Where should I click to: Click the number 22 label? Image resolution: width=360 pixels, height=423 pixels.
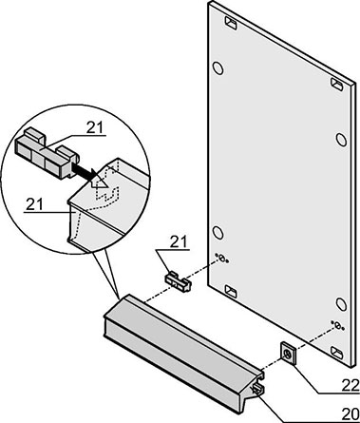pyautogui.click(x=351, y=386)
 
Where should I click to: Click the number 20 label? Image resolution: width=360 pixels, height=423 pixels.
pyautogui.click(x=351, y=413)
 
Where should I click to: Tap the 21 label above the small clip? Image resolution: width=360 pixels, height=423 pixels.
pyautogui.click(x=179, y=241)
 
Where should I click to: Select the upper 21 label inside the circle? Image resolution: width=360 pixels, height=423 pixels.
pyautogui.click(x=95, y=127)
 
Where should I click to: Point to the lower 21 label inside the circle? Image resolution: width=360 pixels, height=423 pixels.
pyautogui.click(x=34, y=204)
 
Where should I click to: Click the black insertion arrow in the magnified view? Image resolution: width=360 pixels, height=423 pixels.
pyautogui.click(x=85, y=171)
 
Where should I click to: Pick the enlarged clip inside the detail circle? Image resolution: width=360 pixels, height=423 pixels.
pyautogui.click(x=47, y=154)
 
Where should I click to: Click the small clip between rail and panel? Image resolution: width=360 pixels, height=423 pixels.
pyautogui.click(x=179, y=280)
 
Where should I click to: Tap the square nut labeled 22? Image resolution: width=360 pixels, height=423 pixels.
pyautogui.click(x=289, y=354)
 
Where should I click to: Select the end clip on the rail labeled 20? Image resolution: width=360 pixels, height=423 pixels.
pyautogui.click(x=258, y=389)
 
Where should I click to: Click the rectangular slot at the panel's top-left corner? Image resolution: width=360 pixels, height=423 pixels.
pyautogui.click(x=231, y=23)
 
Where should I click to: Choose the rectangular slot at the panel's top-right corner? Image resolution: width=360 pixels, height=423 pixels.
pyautogui.click(x=337, y=84)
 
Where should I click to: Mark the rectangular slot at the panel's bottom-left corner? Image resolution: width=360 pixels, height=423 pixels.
pyautogui.click(x=231, y=291)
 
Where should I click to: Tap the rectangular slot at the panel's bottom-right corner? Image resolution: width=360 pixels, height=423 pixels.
pyautogui.click(x=337, y=353)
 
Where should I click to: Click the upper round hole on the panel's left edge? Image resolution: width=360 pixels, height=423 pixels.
pyautogui.click(x=218, y=67)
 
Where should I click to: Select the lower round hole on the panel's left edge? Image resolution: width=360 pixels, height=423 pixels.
pyautogui.click(x=218, y=232)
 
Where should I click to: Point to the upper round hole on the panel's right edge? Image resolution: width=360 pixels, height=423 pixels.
pyautogui.click(x=341, y=139)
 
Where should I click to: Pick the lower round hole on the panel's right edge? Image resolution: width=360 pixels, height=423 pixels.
pyautogui.click(x=341, y=304)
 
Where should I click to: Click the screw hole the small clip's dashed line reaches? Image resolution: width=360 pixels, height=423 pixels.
pyautogui.click(x=222, y=259)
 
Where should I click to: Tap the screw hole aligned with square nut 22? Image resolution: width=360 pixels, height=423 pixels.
pyautogui.click(x=337, y=325)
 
